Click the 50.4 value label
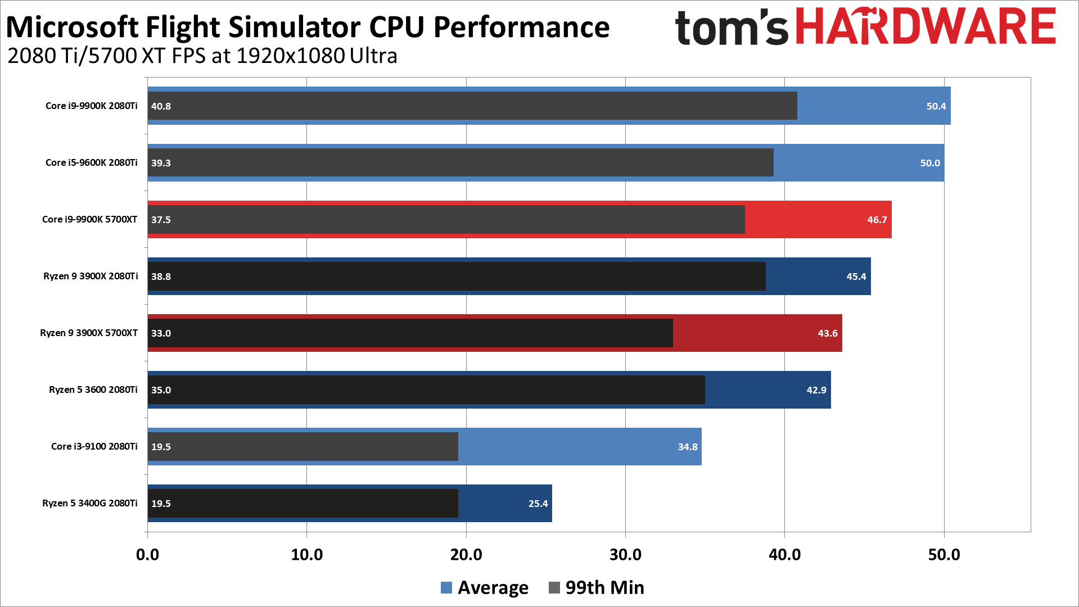click(x=936, y=106)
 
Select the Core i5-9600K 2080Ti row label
click(x=91, y=162)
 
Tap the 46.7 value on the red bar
click(x=877, y=220)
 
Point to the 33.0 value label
click(x=161, y=333)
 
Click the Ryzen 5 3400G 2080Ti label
click(x=89, y=503)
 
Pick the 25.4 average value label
click(x=538, y=504)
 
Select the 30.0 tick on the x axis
click(x=625, y=555)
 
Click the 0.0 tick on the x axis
click(x=147, y=555)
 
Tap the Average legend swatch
click(x=446, y=588)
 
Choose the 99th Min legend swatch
click(x=554, y=588)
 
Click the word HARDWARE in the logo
click(x=926, y=26)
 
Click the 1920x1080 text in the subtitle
click(x=290, y=56)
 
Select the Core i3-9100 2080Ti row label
click(x=94, y=446)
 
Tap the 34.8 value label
click(x=687, y=447)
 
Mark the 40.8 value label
click(x=161, y=106)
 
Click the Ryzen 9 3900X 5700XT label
click(x=88, y=333)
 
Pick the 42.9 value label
click(x=816, y=390)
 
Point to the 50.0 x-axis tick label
click(x=943, y=555)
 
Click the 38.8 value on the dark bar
click(x=161, y=277)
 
